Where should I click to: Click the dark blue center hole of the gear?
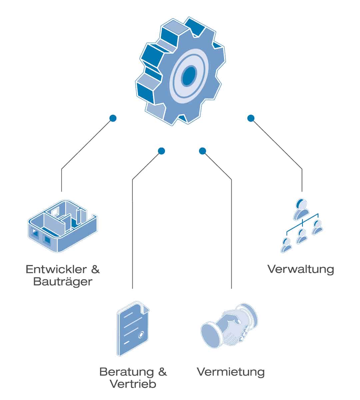tap(189, 76)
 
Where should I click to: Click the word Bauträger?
tap(63, 282)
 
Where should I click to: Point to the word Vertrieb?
tap(133, 384)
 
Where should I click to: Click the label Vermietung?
tap(231, 372)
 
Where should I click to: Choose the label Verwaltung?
tap(301, 269)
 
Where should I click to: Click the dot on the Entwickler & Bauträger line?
tap(113, 118)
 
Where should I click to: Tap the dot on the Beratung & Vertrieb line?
tap(161, 151)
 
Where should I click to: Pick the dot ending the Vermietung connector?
tap(202, 151)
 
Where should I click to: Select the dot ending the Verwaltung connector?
tap(251, 118)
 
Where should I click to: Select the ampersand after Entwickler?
tap(95, 269)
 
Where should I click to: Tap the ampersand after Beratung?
tap(162, 372)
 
